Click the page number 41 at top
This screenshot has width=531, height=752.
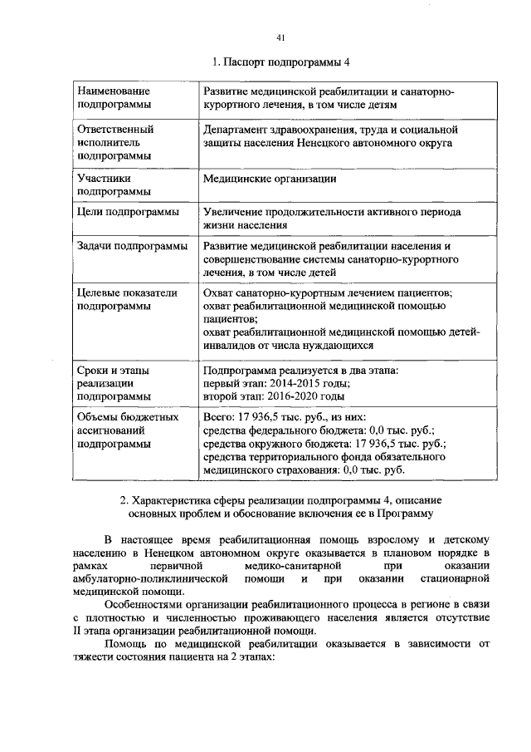pyautogui.click(x=280, y=37)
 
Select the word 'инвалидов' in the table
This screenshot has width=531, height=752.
pyautogui.click(x=231, y=345)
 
